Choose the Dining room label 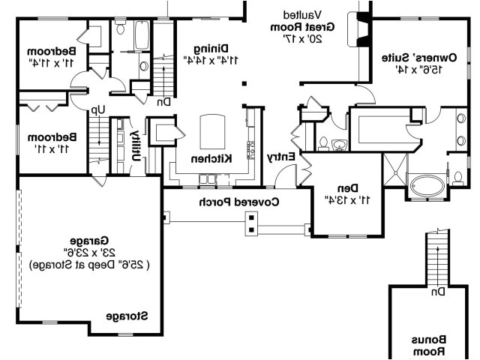tap(212, 47)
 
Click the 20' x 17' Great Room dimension tap(302, 37)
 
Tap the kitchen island tap(212, 133)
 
